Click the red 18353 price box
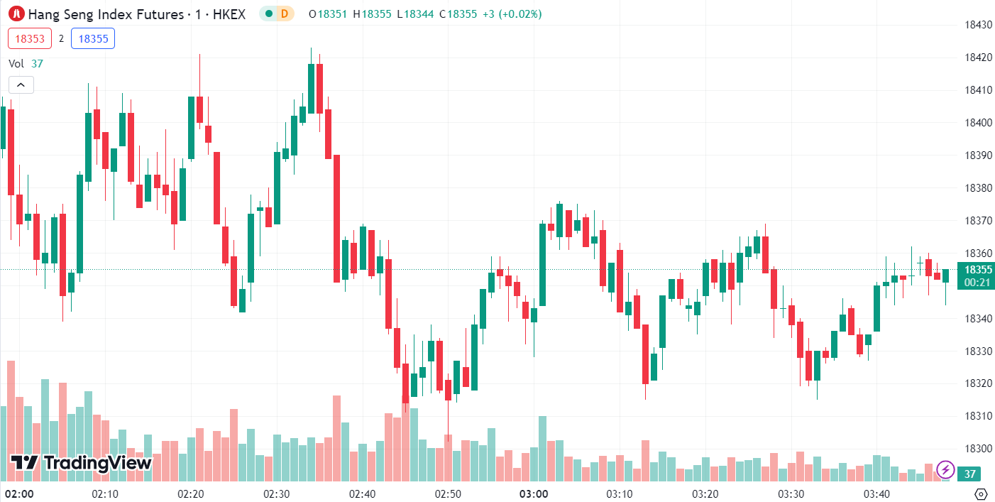(x=28, y=38)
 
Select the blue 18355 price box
(x=93, y=38)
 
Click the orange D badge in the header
(x=285, y=13)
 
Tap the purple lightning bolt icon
(x=945, y=469)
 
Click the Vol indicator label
(x=16, y=64)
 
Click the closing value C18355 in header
(x=458, y=13)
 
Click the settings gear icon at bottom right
(x=982, y=494)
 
